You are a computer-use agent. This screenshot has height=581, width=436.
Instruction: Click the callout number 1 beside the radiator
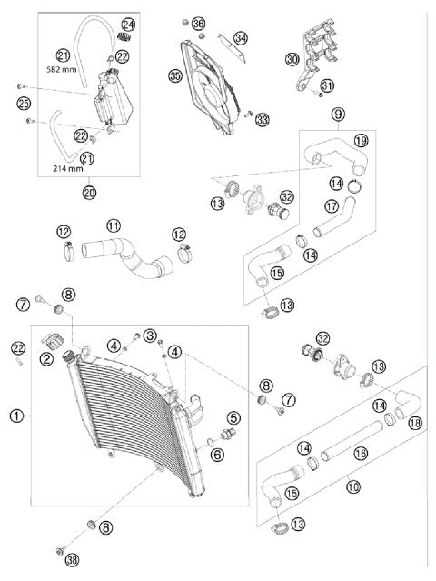16,416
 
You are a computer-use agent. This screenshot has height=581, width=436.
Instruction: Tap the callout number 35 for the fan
175,76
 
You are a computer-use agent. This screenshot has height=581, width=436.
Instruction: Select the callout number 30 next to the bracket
292,59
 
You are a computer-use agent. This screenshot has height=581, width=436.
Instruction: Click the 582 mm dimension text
62,69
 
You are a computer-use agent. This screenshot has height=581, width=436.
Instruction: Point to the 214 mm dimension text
68,168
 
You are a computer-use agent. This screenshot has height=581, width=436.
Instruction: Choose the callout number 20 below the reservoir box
89,193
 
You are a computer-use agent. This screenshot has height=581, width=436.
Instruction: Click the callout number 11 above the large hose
114,225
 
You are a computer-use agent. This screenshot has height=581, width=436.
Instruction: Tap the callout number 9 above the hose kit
338,115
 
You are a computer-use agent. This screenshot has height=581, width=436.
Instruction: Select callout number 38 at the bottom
72,560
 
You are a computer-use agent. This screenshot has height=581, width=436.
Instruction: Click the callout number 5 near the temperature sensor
233,417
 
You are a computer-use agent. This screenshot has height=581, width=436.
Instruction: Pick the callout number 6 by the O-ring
217,455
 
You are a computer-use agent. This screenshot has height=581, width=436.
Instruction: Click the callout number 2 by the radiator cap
46,358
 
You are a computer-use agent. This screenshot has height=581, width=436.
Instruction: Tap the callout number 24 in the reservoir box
128,25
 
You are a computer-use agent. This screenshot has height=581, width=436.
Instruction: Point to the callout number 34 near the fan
241,38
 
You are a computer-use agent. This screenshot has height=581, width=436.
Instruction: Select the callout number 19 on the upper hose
362,140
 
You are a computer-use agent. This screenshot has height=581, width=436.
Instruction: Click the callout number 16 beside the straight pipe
360,453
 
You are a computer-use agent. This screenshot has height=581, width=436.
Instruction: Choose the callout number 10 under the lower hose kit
353,486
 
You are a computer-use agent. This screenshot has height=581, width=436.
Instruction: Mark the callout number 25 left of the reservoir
24,104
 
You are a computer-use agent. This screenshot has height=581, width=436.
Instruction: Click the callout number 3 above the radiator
150,336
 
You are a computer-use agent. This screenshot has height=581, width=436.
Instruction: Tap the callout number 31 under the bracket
327,85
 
